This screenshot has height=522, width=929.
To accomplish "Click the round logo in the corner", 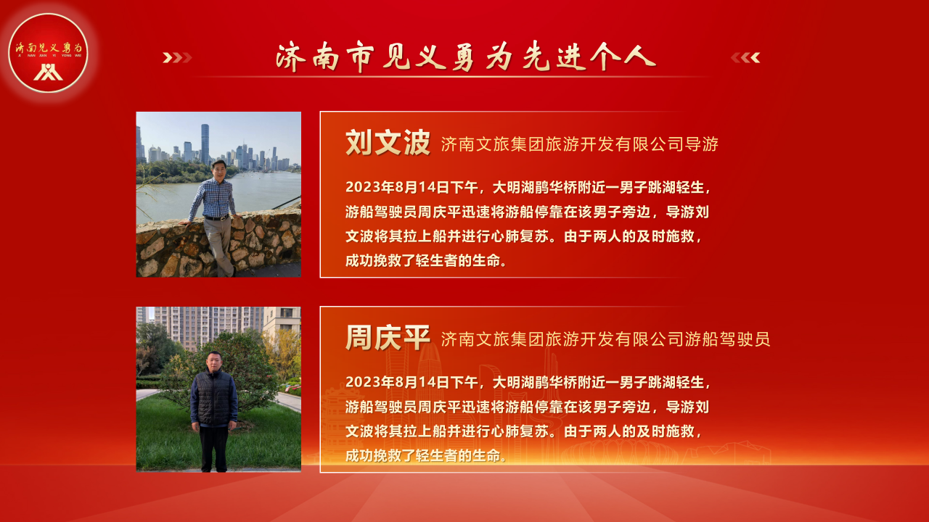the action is (x=48, y=53).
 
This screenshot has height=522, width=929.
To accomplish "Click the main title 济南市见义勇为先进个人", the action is (x=466, y=57).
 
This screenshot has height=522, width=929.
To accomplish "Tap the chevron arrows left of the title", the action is (x=177, y=57).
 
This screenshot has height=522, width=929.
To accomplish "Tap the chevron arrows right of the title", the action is (x=745, y=57).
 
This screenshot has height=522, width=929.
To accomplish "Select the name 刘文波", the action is (x=388, y=143).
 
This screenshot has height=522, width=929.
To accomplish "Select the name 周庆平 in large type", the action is (x=388, y=338).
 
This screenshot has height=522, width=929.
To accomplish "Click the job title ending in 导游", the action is (x=579, y=144).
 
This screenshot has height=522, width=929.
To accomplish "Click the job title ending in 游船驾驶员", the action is (x=605, y=339).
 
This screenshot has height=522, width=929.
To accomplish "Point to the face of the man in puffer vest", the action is (x=213, y=362).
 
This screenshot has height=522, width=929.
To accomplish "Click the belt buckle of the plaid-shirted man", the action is (x=224, y=218).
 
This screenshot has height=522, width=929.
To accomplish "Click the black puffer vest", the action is (x=213, y=397).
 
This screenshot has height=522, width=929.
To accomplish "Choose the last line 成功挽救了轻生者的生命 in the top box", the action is (x=426, y=261).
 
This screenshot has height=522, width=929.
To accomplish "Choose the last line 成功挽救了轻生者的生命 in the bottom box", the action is (x=426, y=456).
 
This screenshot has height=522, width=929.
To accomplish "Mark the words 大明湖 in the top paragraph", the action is (x=514, y=187).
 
